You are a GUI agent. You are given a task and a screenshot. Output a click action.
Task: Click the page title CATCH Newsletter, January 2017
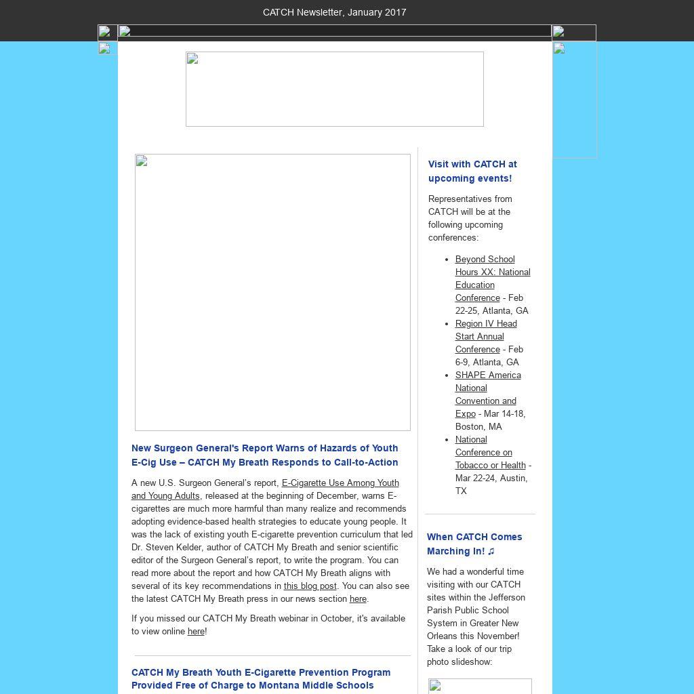point(334,12)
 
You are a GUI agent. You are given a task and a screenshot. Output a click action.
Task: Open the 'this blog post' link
point(310,586)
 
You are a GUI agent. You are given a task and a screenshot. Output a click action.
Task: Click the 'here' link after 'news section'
point(358,599)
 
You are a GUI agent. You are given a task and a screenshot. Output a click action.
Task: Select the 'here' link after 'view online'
point(195,632)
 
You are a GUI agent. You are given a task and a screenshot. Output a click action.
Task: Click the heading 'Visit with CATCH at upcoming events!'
point(472,171)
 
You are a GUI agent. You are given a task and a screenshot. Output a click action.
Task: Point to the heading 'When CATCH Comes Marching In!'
point(474,544)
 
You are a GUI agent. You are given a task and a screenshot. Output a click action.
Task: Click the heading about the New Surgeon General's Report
point(264,455)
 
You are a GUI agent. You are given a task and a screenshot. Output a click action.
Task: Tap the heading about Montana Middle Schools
point(261,678)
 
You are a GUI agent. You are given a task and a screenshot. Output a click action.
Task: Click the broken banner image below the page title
point(334,89)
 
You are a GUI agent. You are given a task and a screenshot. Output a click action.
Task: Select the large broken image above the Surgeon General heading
point(272,292)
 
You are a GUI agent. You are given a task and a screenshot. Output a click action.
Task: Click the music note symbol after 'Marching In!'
point(491,552)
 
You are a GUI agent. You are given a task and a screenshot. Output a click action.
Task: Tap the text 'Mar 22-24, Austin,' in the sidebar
point(491,478)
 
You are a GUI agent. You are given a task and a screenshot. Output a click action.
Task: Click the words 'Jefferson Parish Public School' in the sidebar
point(476,604)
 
